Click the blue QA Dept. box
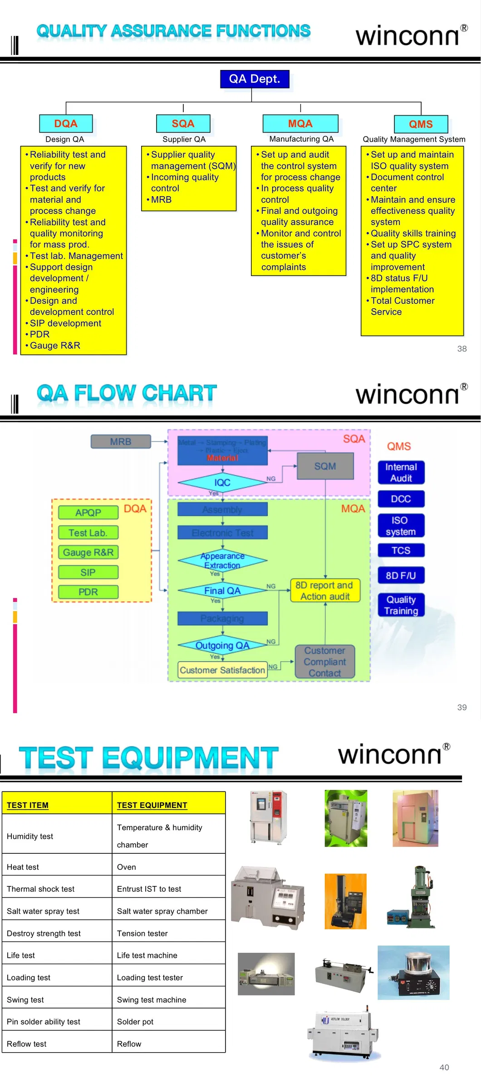click(x=254, y=79)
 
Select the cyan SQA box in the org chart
click(x=183, y=124)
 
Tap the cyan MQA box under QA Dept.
click(x=300, y=124)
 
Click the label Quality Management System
click(x=413, y=139)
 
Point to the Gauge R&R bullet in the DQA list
click(x=55, y=346)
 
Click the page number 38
click(x=461, y=349)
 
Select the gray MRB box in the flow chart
click(x=121, y=441)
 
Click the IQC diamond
click(x=222, y=482)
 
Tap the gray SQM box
click(x=325, y=466)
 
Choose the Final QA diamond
click(x=222, y=590)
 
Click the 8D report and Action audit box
click(x=325, y=590)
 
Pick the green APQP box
click(x=88, y=512)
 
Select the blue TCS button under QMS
click(x=401, y=550)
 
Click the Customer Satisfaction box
click(x=222, y=670)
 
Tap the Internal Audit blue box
click(x=401, y=472)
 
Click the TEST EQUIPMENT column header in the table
click(x=152, y=805)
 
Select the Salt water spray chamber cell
click(x=162, y=911)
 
